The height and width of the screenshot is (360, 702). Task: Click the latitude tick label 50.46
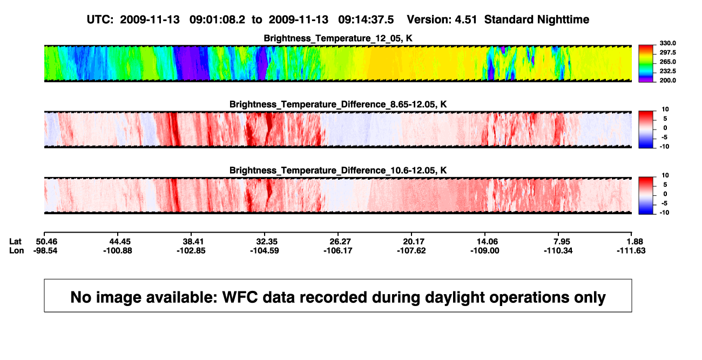(x=46, y=242)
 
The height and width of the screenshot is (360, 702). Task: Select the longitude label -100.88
(x=118, y=250)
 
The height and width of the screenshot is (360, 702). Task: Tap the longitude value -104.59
(x=265, y=250)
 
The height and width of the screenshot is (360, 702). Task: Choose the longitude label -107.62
(x=411, y=250)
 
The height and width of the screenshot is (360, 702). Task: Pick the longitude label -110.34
(x=558, y=250)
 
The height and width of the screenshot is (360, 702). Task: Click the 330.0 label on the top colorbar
(x=667, y=43)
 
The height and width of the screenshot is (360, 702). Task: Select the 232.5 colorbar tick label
(x=667, y=71)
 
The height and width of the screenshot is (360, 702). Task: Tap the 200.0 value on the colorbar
(x=667, y=80)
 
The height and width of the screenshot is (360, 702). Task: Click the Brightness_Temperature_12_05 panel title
(x=338, y=38)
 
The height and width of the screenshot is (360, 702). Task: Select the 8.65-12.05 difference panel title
(x=338, y=104)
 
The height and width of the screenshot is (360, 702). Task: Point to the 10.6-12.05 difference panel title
(x=338, y=171)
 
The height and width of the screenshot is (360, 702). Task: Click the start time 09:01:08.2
(x=217, y=20)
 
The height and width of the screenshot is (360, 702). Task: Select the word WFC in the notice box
(x=240, y=297)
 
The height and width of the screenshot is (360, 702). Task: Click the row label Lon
(x=17, y=250)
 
